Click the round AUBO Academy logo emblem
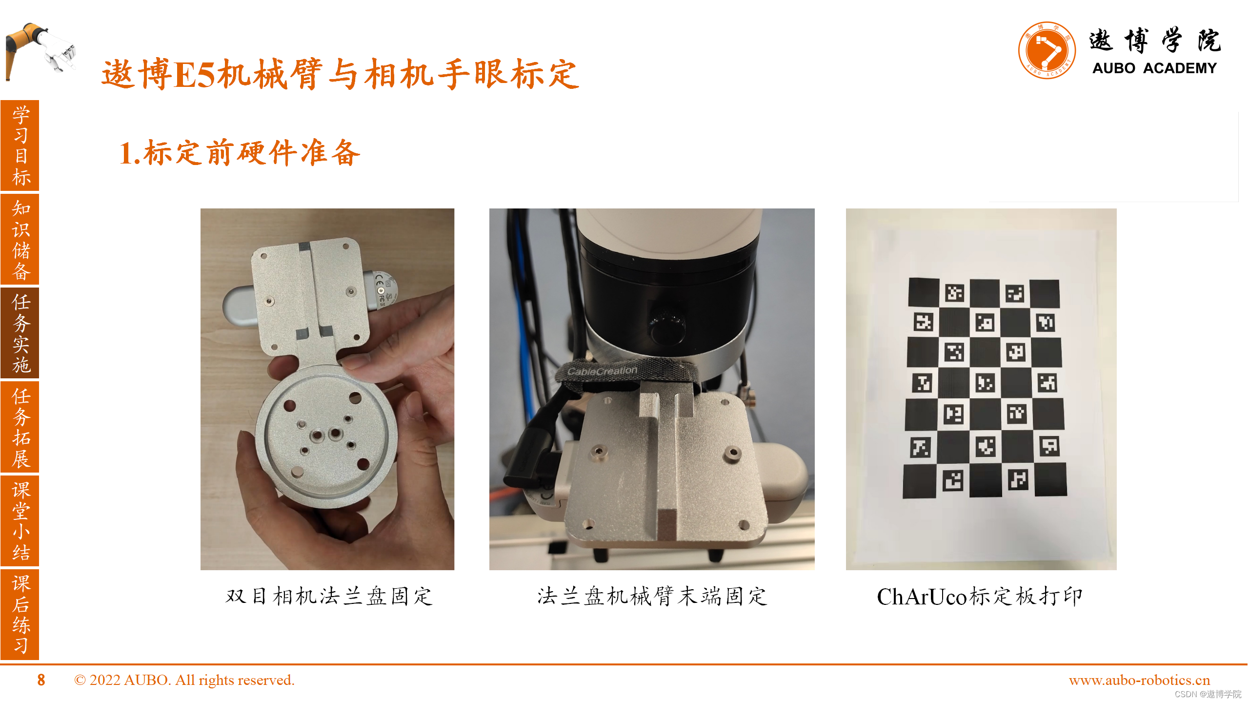[1047, 50]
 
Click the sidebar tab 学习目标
[20, 145]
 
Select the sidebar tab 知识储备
[20, 239]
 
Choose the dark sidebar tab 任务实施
[20, 333]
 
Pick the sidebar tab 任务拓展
[20, 427]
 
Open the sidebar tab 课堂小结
[20, 521]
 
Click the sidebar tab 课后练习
[20, 615]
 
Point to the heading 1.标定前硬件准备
[240, 152]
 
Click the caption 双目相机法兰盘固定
[329, 596]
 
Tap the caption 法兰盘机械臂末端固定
[652, 596]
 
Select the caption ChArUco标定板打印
[980, 596]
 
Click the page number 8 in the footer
[41, 680]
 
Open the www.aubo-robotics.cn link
[1139, 680]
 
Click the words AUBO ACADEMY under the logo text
[1154, 68]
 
